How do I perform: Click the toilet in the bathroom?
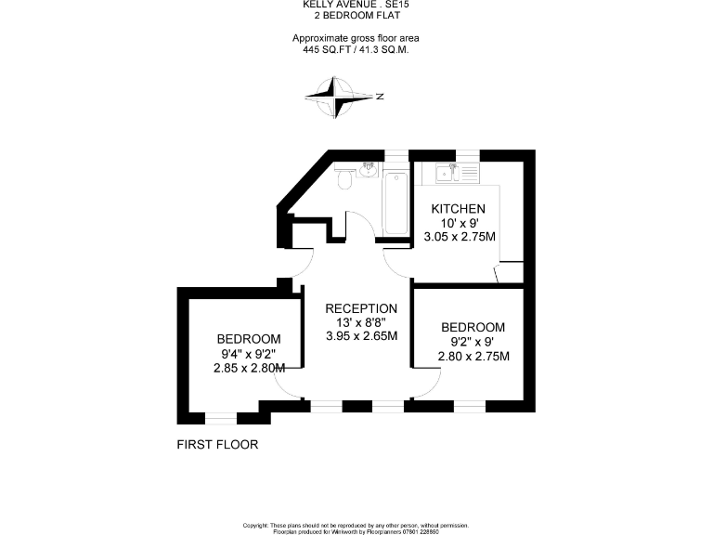[344, 177]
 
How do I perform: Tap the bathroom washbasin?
[369, 168]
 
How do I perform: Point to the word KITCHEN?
[458, 209]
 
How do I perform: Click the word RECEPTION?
[361, 308]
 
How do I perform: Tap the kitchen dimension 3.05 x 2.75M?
[460, 237]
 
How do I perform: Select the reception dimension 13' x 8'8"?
[361, 322]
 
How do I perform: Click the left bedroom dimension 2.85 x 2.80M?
[248, 368]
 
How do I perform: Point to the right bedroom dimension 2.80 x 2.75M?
[473, 356]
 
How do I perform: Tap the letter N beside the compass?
[380, 97]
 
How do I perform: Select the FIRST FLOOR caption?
[217, 445]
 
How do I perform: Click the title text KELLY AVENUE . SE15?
[356, 5]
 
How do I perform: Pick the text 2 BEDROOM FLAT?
[356, 16]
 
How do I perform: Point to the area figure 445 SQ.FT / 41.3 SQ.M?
[356, 49]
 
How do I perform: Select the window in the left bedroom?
[221, 417]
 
